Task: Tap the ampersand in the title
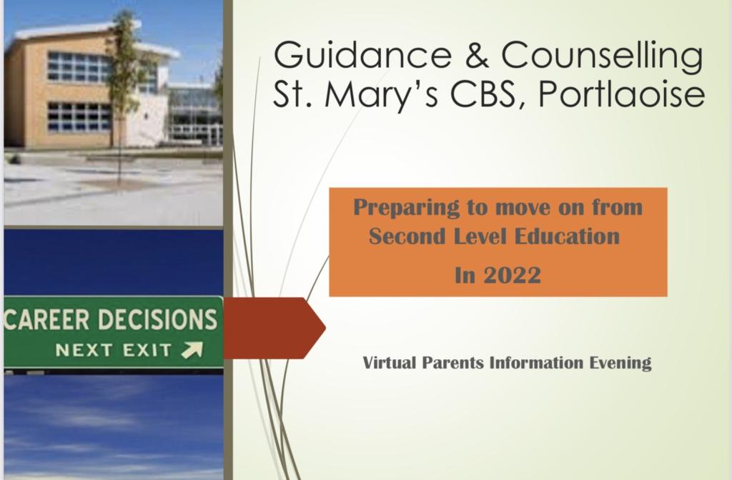[477, 54]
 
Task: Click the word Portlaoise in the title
[621, 94]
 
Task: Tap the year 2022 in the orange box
[512, 275]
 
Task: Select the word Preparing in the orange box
[406, 208]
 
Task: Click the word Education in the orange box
[567, 236]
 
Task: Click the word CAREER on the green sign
[46, 319]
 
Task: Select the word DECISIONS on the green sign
[158, 319]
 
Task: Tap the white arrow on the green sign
[192, 350]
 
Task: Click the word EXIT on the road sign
[147, 350]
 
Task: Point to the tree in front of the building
[122, 94]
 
